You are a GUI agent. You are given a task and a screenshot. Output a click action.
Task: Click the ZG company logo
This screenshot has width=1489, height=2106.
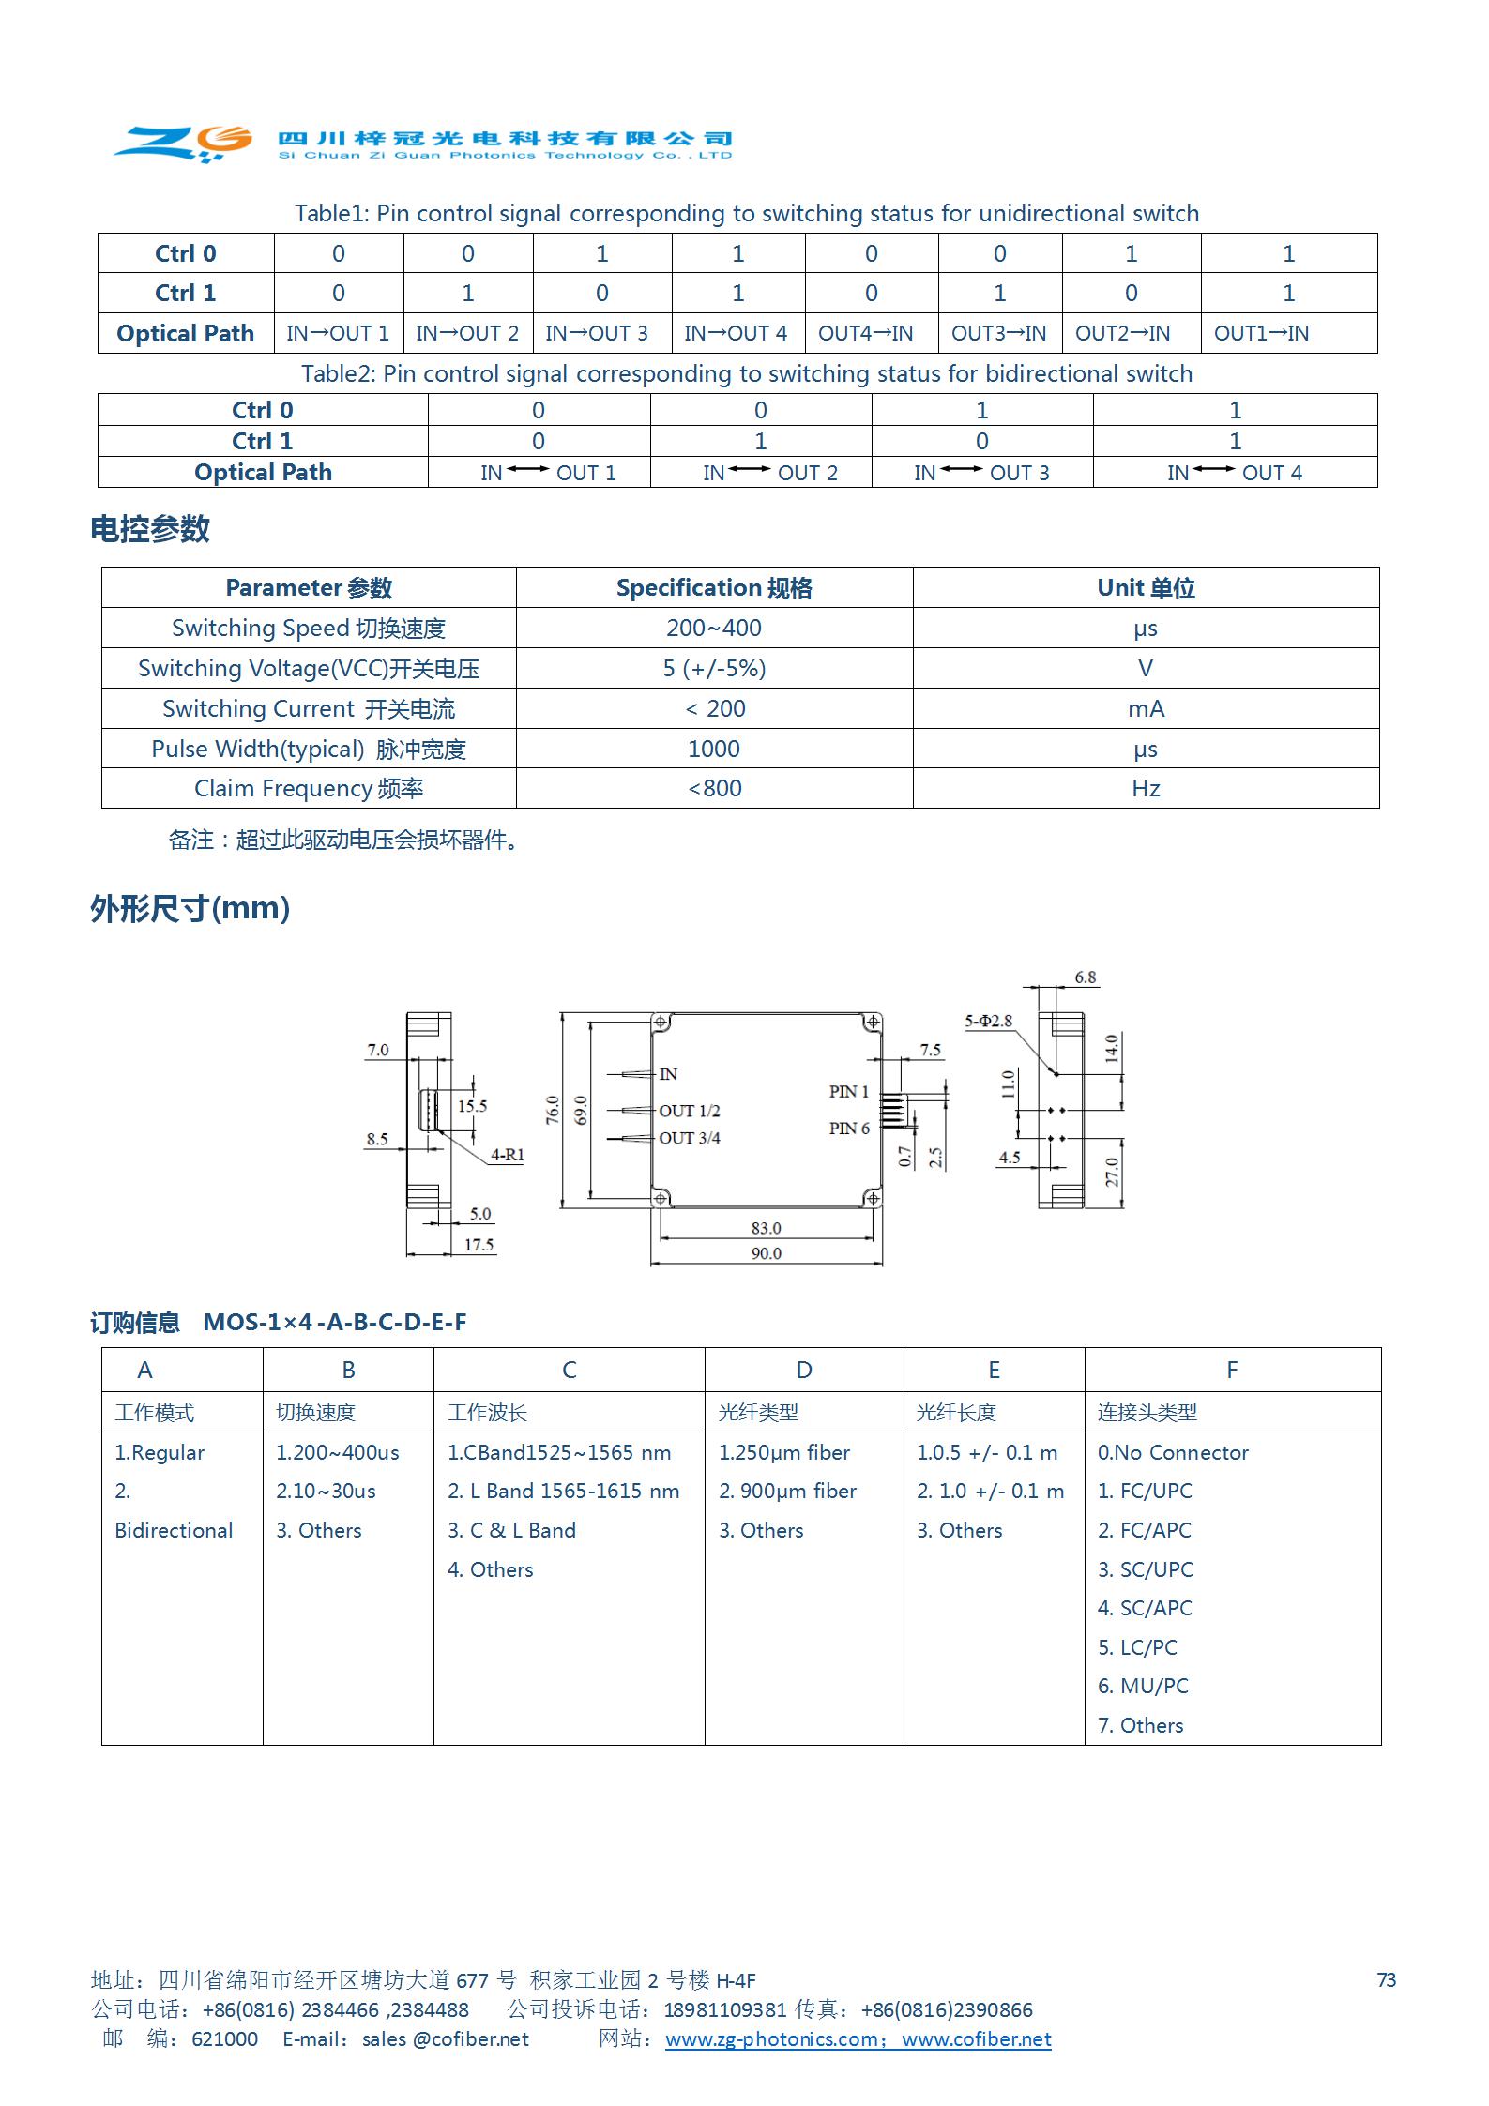(184, 142)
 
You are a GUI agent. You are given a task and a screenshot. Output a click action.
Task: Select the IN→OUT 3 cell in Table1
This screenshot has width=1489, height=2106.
(597, 333)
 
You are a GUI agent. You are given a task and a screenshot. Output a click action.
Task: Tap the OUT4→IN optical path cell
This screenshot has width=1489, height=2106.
(865, 333)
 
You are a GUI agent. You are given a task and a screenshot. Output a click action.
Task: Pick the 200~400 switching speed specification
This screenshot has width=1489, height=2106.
(713, 628)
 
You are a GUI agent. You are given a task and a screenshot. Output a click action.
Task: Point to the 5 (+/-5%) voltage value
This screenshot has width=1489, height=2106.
(713, 668)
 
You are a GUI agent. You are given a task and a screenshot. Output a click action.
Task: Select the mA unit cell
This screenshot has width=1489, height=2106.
(1145, 708)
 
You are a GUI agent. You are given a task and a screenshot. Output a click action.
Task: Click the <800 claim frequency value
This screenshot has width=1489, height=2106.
(714, 788)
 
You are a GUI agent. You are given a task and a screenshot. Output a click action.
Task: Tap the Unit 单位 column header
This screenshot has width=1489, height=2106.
(1145, 587)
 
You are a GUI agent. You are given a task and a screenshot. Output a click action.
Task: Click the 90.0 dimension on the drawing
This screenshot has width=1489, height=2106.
(766, 1253)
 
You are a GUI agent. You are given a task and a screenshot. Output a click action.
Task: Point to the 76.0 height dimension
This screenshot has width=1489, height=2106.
(553, 1110)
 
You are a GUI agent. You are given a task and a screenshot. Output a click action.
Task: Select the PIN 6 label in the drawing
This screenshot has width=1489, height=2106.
(848, 1128)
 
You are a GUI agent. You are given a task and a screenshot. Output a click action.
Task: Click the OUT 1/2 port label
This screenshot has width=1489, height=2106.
(689, 1111)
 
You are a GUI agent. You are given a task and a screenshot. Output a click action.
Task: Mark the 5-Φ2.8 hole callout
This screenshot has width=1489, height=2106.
(988, 1021)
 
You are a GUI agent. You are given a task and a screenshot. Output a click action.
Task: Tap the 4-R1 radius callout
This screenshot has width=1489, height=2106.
(507, 1155)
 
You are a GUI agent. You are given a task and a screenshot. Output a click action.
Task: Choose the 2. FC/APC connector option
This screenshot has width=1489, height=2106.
(1144, 1530)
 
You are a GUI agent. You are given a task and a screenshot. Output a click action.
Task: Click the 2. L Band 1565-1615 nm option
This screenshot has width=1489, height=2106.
(563, 1491)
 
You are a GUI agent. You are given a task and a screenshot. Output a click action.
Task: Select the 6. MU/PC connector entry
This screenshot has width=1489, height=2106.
(1143, 1686)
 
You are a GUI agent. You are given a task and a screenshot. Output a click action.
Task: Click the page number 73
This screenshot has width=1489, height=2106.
(1386, 1979)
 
